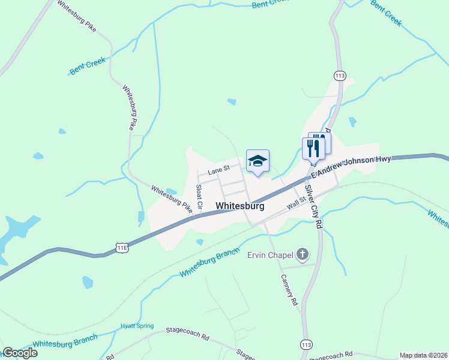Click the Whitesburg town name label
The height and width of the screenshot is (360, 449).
point(240,206)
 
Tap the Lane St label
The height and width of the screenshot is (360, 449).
point(219,172)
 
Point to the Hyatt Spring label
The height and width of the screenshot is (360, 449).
point(136,326)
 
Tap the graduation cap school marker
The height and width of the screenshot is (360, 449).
point(258,161)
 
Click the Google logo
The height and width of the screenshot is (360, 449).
point(20,353)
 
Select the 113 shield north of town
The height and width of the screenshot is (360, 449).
point(340,76)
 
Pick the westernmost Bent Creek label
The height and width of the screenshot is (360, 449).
point(88,65)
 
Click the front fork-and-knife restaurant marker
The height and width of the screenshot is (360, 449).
point(313,148)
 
